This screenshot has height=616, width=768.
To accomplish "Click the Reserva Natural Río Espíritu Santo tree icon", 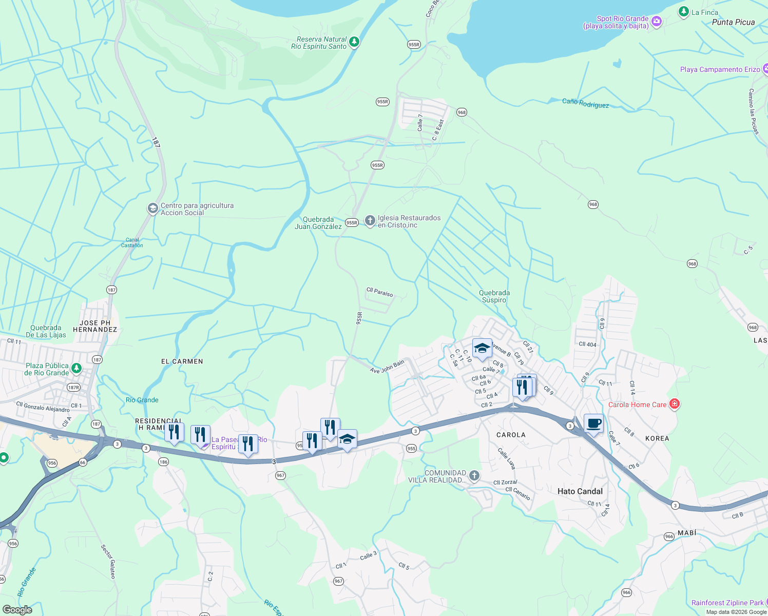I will tap(354, 43).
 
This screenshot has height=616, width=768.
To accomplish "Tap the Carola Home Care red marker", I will tap(675, 405).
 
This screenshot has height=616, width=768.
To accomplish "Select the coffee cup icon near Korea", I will tap(593, 424).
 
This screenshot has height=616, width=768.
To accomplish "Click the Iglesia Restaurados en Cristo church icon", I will tap(370, 221).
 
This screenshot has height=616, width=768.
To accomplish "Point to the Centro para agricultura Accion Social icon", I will tap(152, 208).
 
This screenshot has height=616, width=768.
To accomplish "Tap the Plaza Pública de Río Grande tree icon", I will tap(76, 368).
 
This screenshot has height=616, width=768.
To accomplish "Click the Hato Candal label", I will tap(580, 491).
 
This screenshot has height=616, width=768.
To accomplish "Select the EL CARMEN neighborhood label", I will tap(182, 361).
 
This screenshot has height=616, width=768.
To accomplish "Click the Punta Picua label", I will tap(733, 22).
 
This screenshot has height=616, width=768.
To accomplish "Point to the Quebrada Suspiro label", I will tap(494, 296).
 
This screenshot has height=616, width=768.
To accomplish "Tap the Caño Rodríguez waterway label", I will tap(585, 103).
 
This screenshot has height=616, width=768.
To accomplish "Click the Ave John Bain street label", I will tap(387, 367).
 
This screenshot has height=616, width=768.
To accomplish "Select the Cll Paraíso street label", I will tap(379, 292).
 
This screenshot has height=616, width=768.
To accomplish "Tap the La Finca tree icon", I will tap(683, 12).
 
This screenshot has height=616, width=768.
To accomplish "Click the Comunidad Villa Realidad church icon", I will tap(474, 476).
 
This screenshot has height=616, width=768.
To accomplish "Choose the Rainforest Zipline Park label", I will tap(727, 603).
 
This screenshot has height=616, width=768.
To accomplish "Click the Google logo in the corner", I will tap(17, 609).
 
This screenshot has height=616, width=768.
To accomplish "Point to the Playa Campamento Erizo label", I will tap(720, 69).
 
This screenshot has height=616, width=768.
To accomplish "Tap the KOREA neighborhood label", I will tap(657, 438).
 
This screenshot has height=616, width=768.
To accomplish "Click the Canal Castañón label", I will tap(132, 243).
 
